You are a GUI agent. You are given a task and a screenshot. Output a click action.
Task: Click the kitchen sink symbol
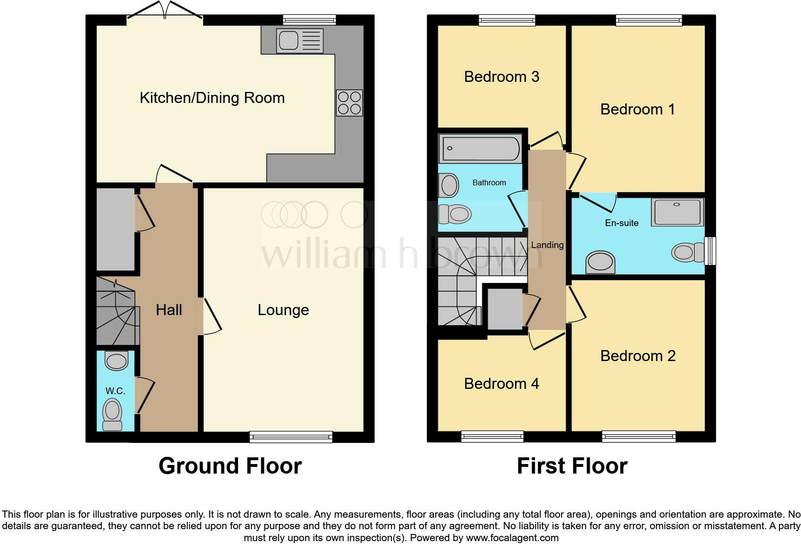[x=299, y=41]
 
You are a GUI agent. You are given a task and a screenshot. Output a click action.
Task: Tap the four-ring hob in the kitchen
[x=349, y=103]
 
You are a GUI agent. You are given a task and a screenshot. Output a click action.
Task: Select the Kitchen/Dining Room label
[x=212, y=98]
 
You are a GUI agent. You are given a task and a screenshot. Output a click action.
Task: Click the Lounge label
[x=283, y=310]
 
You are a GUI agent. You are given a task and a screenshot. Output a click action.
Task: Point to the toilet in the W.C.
[x=113, y=414]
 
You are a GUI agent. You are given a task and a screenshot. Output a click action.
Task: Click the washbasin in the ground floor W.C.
[x=116, y=361]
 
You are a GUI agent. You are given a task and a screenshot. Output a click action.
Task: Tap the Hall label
[x=169, y=310]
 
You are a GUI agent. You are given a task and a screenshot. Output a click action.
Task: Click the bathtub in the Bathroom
[x=480, y=148]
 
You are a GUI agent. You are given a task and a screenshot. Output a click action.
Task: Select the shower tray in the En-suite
[x=677, y=212]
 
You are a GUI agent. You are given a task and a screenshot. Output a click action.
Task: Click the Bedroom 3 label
[x=502, y=77]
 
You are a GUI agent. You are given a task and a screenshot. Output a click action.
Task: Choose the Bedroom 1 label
[x=637, y=109]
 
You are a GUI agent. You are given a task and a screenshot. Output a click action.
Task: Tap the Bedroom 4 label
[x=502, y=384]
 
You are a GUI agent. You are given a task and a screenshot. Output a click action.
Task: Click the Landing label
[x=547, y=245]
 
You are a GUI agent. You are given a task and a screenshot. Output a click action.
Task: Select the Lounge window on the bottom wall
[x=291, y=436]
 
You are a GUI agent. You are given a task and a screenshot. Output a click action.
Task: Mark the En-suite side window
[x=710, y=250]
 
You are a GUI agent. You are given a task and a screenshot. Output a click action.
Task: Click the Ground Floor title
[x=230, y=466]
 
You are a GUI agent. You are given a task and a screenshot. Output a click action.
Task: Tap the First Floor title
[x=572, y=466]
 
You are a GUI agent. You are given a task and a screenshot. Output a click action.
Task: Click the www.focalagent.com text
[x=512, y=538]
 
